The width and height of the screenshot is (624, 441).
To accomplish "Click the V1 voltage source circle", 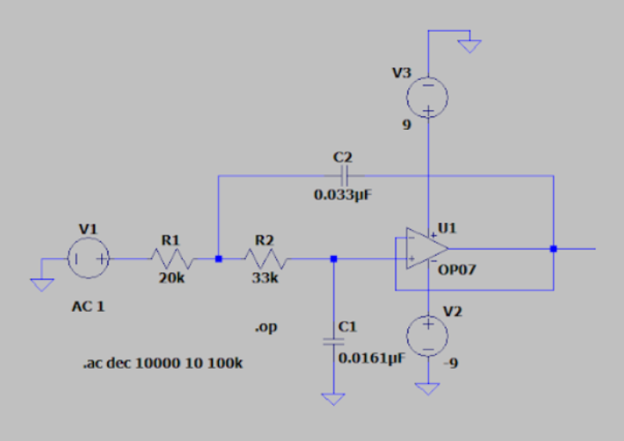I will (88, 259).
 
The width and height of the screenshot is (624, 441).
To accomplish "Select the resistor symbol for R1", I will (171, 259).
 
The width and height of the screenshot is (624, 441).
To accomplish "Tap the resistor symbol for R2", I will (265, 259).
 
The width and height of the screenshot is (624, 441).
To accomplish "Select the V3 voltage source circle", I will (427, 97).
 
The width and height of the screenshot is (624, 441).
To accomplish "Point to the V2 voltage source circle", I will (427, 335).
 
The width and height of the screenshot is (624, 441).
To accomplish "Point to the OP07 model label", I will (457, 269).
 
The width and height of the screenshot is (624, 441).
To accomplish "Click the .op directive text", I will (266, 328).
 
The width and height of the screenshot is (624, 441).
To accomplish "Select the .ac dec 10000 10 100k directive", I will (163, 363).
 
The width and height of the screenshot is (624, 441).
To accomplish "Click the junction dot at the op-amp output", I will (553, 249).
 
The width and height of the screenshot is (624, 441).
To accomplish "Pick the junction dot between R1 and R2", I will (218, 259).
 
